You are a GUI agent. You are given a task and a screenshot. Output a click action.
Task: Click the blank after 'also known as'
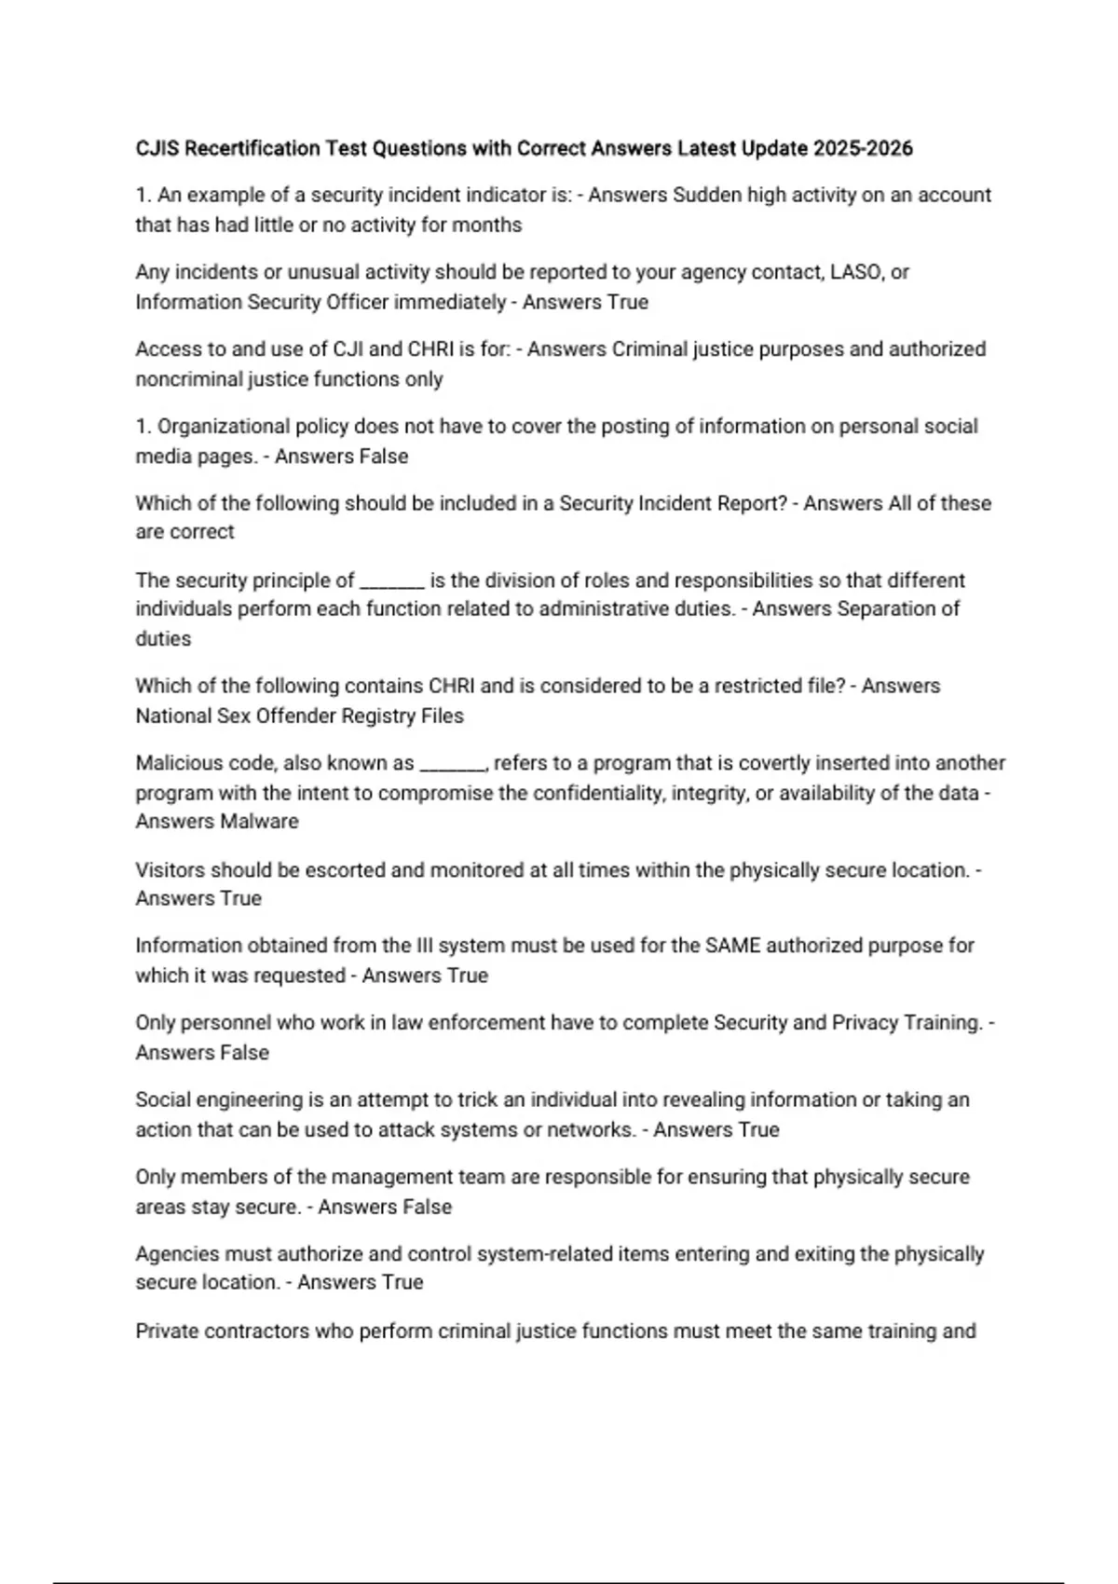pyautogui.click(x=453, y=765)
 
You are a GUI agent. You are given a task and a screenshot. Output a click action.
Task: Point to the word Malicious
pyautogui.click(x=176, y=763)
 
